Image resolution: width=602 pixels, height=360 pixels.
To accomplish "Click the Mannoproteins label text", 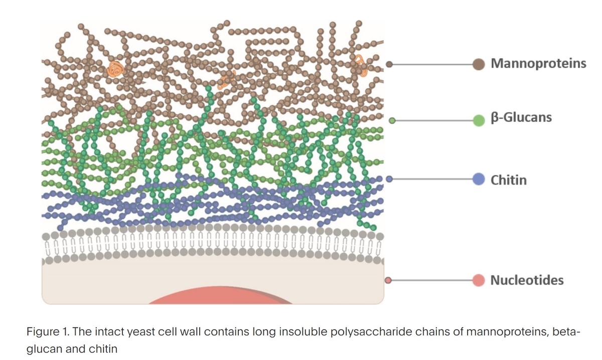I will (538, 64).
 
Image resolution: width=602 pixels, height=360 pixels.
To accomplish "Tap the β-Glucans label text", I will (521, 118).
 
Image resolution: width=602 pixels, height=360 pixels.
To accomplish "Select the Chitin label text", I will (509, 179).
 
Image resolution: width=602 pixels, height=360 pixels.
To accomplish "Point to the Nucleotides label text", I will (527, 280).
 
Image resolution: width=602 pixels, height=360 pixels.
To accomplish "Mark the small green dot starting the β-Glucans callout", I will (392, 120).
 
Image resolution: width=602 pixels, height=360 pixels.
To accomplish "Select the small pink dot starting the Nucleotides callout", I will (388, 280).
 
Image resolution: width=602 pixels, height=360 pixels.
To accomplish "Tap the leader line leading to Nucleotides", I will (431, 280).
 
